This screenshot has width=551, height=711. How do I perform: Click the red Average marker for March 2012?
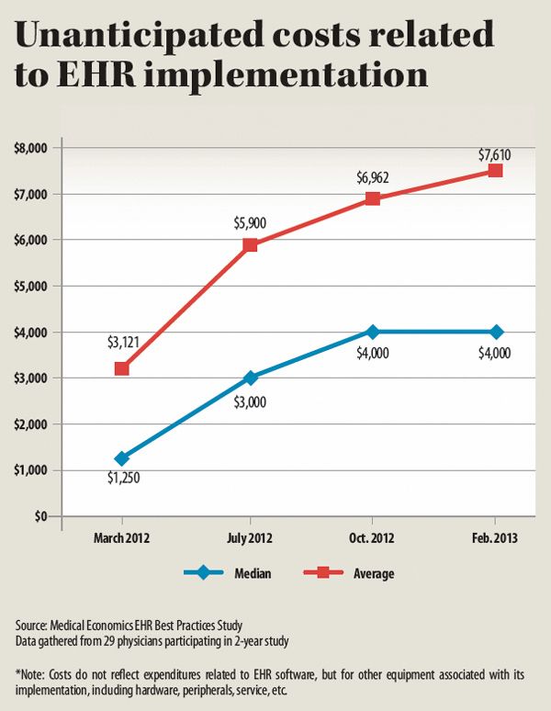click(x=121, y=368)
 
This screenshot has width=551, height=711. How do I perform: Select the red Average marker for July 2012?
click(x=250, y=244)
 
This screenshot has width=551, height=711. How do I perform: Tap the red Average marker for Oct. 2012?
click(x=372, y=198)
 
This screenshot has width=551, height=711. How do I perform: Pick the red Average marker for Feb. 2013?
click(x=496, y=170)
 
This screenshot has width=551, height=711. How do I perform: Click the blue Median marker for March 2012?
click(x=121, y=458)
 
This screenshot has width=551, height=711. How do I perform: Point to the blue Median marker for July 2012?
click(x=250, y=378)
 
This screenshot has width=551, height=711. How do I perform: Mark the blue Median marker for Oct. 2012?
click(x=372, y=332)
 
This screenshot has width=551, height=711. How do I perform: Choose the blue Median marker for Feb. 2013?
click(x=496, y=332)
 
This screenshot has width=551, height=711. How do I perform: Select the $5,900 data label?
click(x=249, y=223)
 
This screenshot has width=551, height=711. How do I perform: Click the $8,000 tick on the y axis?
click(x=34, y=147)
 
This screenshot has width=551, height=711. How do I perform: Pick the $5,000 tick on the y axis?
click(x=34, y=286)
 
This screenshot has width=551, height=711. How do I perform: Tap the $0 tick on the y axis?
click(x=41, y=517)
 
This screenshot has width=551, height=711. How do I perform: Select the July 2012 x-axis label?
click(x=249, y=535)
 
